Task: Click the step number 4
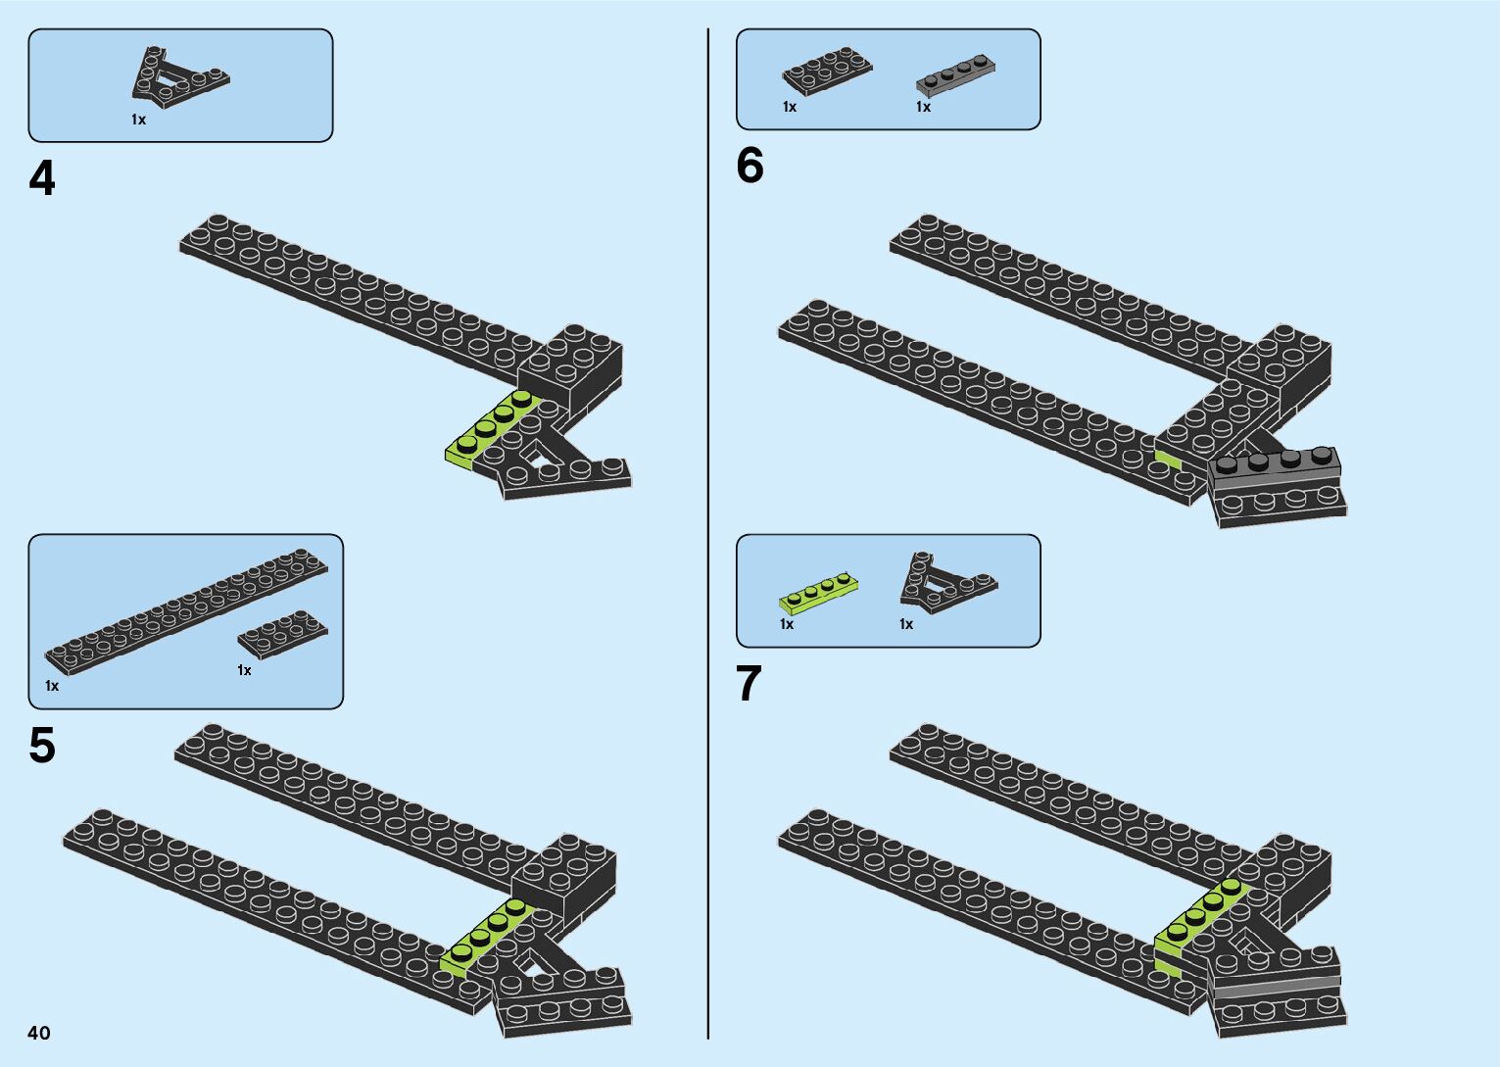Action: coord(42,179)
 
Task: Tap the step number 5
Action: coord(42,746)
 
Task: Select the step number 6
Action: coord(750,166)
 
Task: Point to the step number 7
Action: coord(749,684)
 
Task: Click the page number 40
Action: coord(39,1033)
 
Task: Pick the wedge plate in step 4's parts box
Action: coord(176,78)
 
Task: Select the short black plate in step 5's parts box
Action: coord(282,634)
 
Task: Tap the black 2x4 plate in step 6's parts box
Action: coord(826,71)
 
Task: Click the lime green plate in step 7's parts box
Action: coord(819,593)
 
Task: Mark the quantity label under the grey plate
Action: coord(923,107)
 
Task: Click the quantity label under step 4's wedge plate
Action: coord(138,120)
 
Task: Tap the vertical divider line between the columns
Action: coord(708,533)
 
